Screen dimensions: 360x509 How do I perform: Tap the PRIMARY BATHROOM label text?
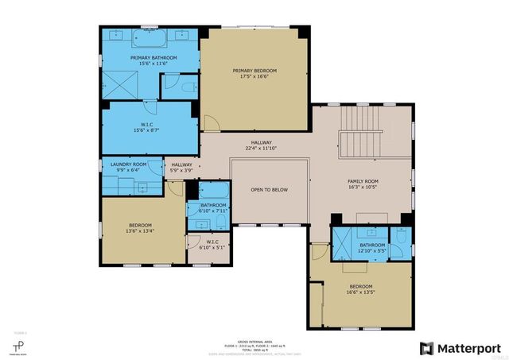(153, 58)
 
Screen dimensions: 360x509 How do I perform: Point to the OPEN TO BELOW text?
(269, 190)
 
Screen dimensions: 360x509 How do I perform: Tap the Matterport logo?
(460, 348)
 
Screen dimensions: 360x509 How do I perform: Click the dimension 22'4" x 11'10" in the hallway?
(262, 149)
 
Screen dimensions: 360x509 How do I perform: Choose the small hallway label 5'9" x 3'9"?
(182, 170)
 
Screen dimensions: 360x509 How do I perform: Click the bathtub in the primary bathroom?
(150, 38)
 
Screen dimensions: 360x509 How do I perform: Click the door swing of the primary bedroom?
(210, 124)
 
